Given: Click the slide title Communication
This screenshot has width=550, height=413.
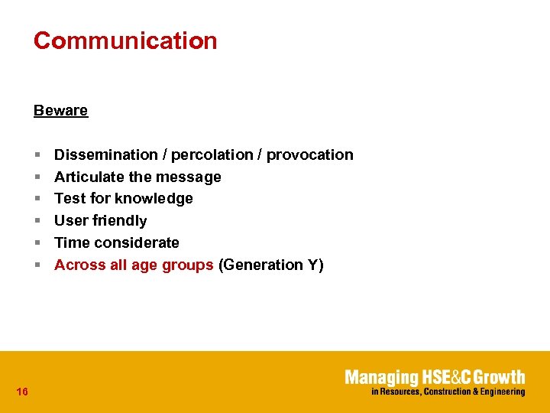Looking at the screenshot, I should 125,41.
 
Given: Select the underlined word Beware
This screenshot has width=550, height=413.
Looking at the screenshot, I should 60,110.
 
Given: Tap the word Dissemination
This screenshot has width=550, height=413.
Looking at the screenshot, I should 105,154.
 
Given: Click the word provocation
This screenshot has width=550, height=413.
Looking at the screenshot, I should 309,154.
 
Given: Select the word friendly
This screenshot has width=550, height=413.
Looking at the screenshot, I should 118,221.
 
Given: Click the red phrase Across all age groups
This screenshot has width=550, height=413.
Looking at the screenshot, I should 134,265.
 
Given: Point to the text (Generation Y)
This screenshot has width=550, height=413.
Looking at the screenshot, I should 271,265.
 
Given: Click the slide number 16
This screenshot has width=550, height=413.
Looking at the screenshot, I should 22,392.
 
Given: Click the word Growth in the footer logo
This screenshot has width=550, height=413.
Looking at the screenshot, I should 501,377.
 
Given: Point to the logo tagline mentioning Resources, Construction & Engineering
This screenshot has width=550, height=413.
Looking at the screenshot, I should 448,392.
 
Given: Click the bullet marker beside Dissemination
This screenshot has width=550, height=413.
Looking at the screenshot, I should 37,155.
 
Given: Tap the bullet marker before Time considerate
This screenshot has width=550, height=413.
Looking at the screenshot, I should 37,243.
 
